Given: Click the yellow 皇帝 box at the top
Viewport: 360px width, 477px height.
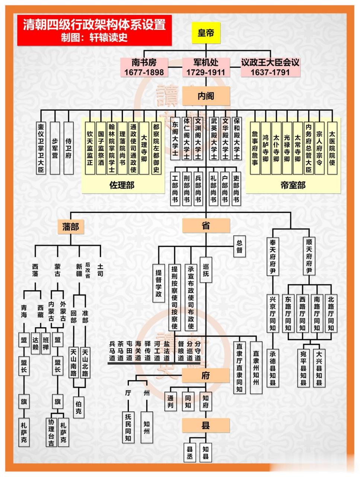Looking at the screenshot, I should point(206,33).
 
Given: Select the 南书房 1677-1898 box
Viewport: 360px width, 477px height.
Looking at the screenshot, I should point(144,67).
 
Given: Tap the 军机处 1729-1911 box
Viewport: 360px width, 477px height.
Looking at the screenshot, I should point(206,67).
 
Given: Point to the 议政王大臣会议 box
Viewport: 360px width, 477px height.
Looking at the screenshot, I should point(270,67).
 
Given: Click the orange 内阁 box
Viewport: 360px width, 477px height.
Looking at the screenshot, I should point(206,96).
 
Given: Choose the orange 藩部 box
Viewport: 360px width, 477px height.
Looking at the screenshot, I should point(70,226).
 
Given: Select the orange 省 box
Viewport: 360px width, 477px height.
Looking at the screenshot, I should point(206,225).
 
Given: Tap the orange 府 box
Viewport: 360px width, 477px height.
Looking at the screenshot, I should point(206,375).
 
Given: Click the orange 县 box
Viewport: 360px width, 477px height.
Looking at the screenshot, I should point(206,425).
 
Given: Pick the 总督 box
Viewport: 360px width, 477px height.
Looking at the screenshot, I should point(239,246).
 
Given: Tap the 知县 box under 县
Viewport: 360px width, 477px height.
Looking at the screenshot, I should point(206,453).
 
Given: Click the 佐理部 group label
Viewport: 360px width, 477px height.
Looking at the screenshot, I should point(122,185).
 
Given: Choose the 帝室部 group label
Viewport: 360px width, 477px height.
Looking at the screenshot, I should point(293,185).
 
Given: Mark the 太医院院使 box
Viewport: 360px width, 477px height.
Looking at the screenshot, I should point(332,148).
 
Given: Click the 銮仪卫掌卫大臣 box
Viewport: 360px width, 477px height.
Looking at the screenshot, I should point(41,148).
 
